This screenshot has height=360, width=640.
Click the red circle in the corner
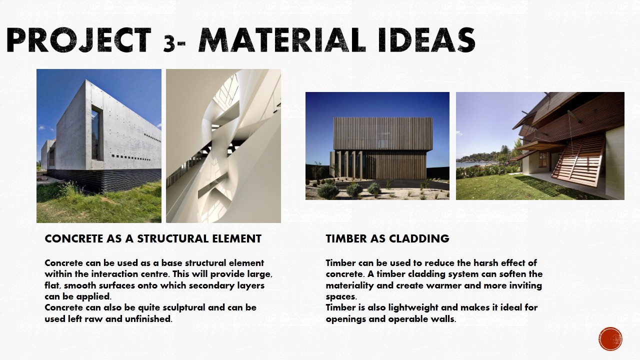click(610, 339)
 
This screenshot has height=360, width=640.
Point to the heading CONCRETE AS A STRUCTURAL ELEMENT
click(153, 239)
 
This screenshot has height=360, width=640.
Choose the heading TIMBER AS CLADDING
click(387, 239)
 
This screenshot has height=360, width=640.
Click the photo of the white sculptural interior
click(223, 146)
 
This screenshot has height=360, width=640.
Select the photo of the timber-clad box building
click(377, 146)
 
